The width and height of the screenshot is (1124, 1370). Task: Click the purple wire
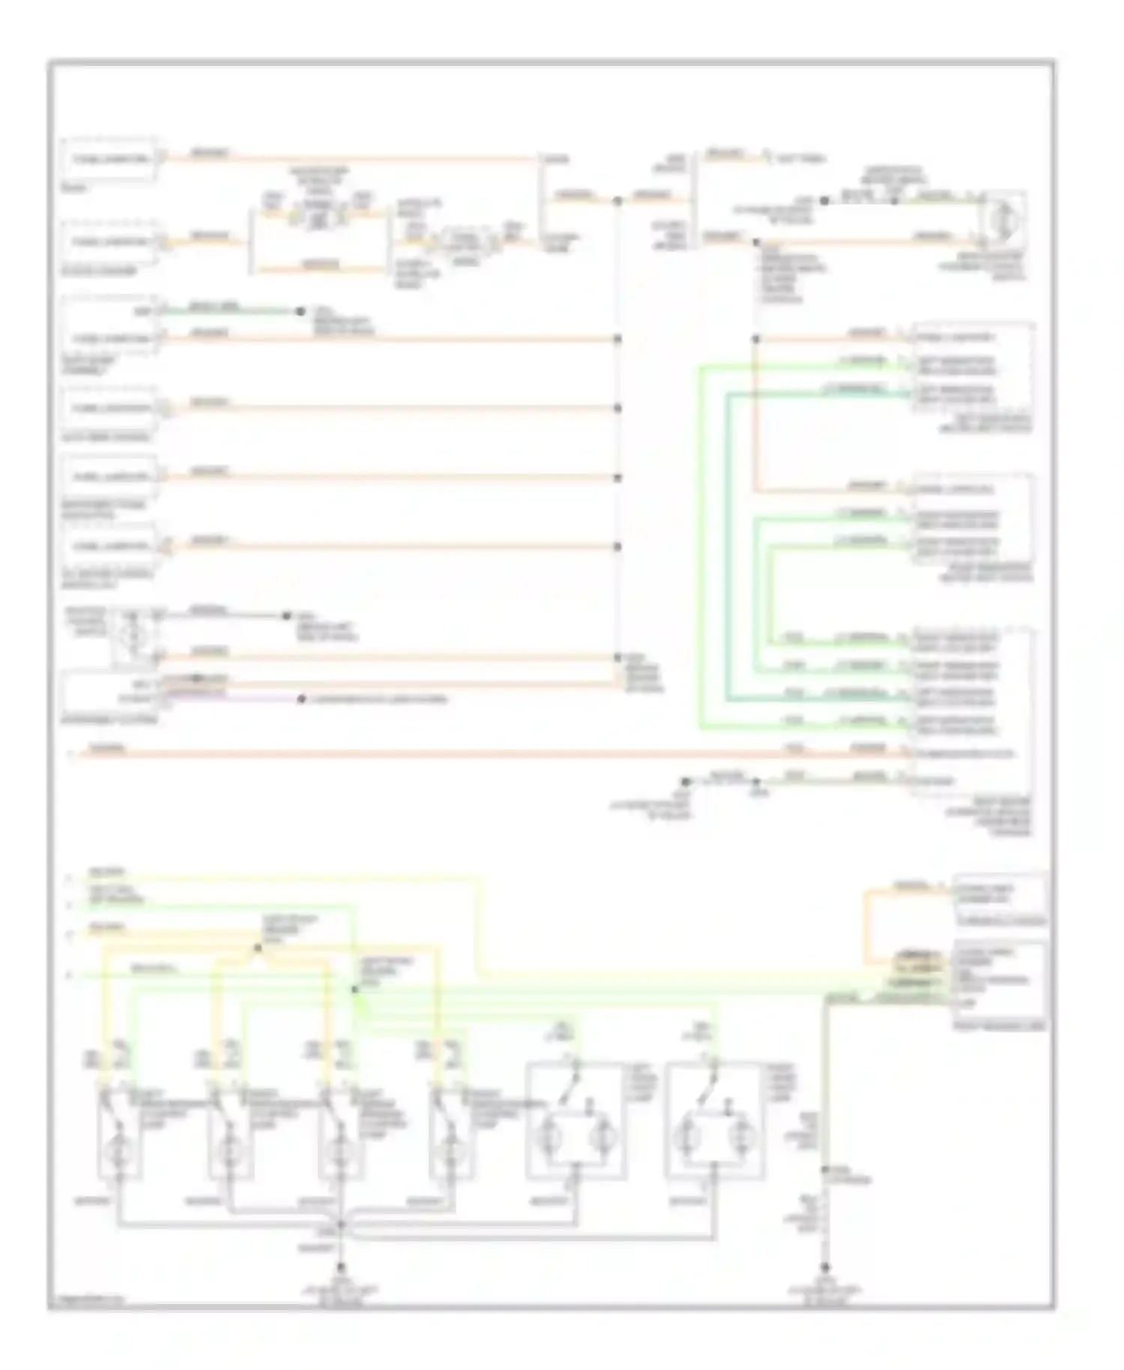(232, 699)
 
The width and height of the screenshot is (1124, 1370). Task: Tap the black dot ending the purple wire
(301, 699)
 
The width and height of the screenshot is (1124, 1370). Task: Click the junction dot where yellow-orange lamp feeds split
(258, 948)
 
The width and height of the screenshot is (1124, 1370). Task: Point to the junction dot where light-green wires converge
(355, 989)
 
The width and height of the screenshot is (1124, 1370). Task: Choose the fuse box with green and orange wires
(110, 327)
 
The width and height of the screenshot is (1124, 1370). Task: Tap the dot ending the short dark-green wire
(300, 311)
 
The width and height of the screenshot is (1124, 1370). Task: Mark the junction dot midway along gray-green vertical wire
(825, 1169)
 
